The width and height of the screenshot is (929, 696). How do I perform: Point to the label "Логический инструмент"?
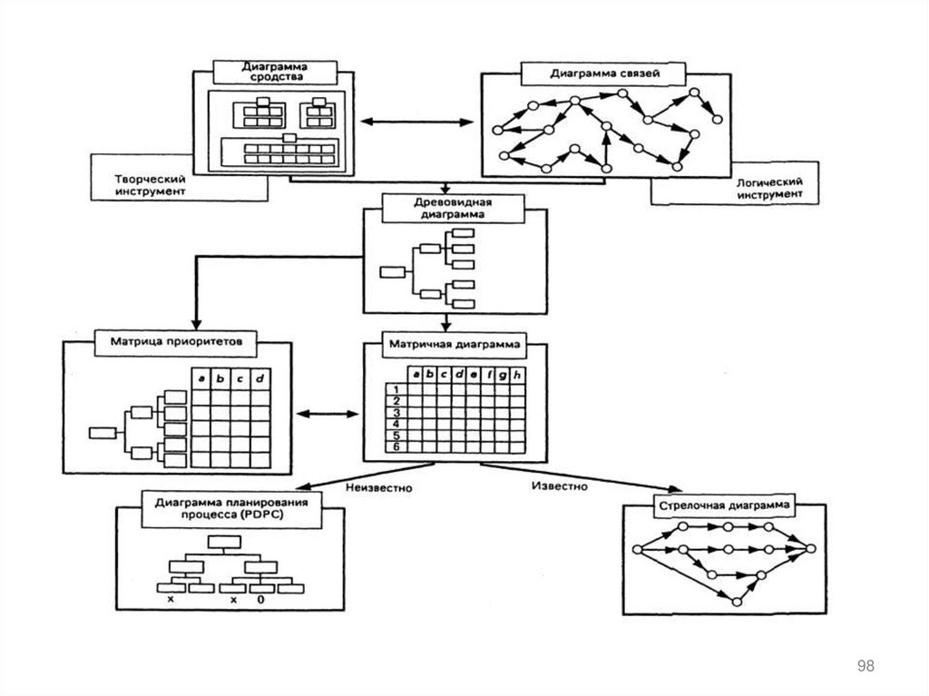[768, 187]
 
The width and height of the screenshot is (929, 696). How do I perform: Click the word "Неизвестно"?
[379, 487]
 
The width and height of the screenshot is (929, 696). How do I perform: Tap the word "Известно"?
[557, 485]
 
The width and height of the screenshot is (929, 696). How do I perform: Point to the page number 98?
[865, 667]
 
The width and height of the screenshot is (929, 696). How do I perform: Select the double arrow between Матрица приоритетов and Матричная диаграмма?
[328, 415]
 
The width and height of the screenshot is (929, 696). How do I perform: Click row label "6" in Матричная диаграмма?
[396, 446]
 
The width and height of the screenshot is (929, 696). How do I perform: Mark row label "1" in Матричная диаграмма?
[396, 390]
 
